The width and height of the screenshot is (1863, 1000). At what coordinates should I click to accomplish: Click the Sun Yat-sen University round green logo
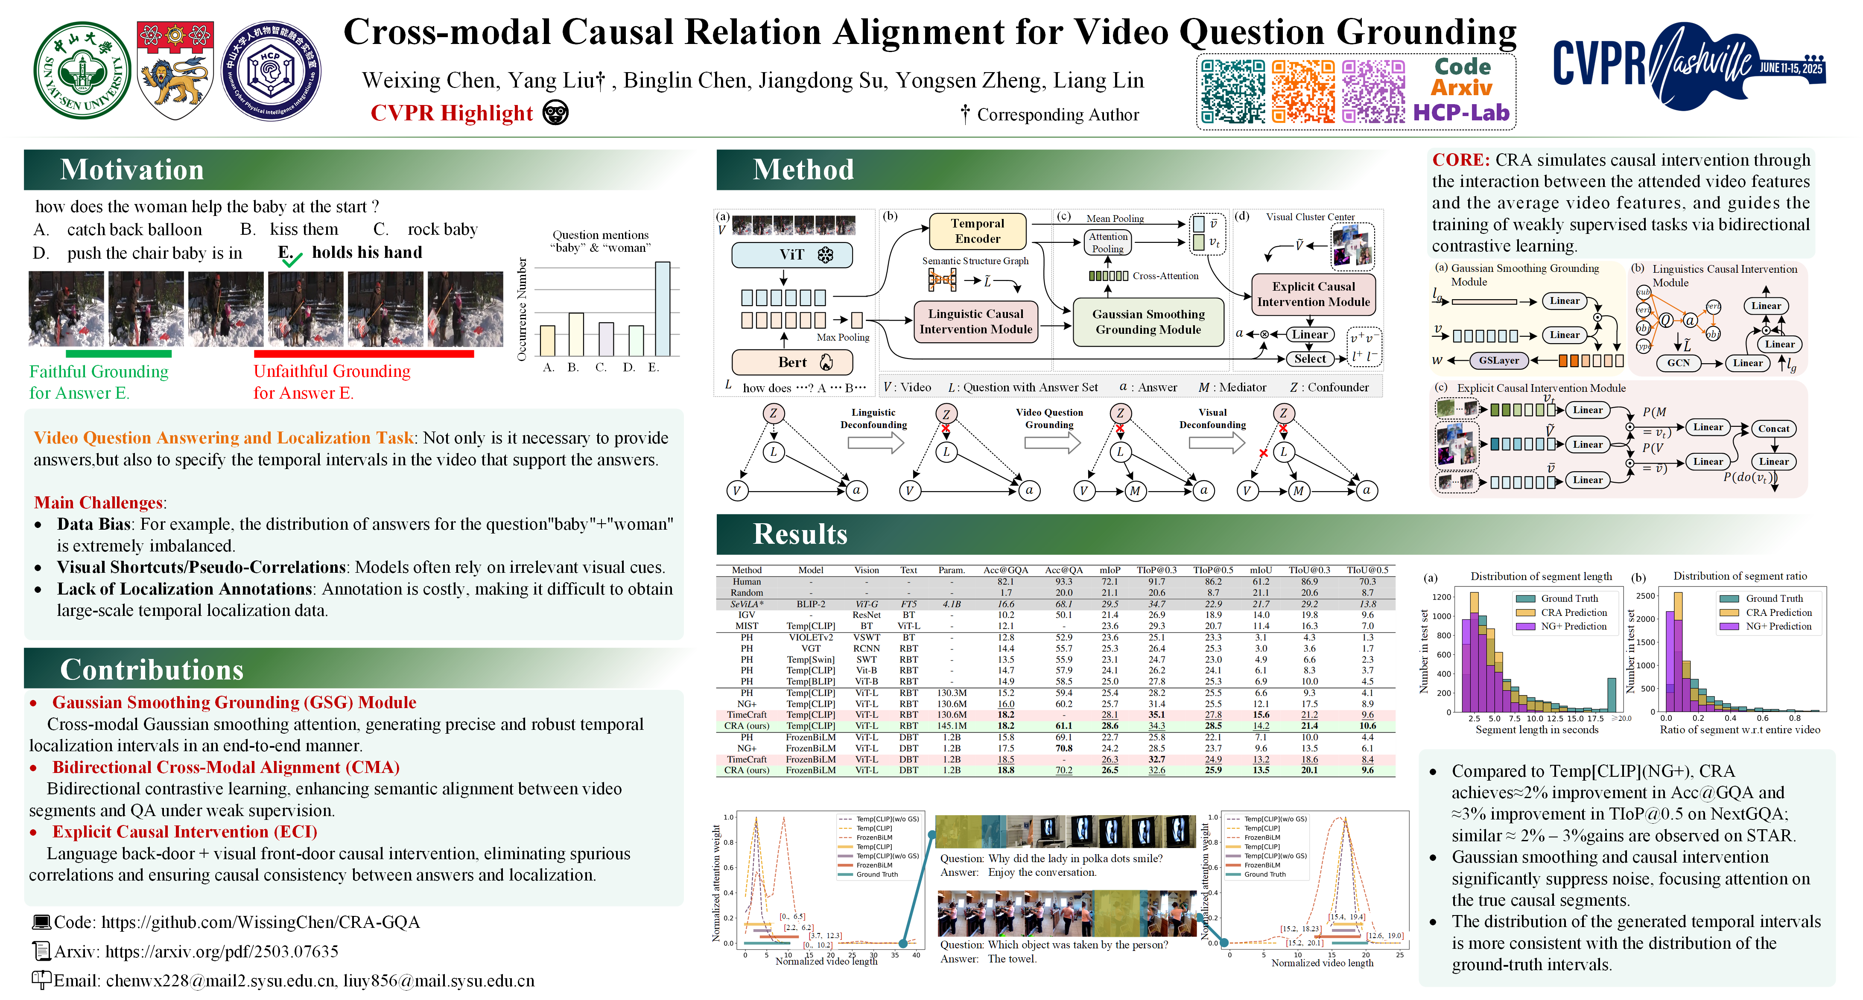82,70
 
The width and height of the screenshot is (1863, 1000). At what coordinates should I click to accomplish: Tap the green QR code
1232,91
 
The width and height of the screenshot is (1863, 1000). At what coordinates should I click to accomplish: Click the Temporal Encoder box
977,230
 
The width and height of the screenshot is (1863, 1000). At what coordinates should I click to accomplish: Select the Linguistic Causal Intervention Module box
975,321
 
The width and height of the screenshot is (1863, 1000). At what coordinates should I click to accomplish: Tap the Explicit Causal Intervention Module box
1313,294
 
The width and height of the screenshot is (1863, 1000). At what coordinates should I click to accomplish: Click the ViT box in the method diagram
792,254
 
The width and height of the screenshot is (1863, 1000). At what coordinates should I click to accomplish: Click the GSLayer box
1498,360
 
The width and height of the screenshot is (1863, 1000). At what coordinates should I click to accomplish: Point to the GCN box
1678,363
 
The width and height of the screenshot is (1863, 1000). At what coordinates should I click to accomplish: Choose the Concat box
1773,429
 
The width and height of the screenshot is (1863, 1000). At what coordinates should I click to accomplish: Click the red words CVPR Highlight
451,114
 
